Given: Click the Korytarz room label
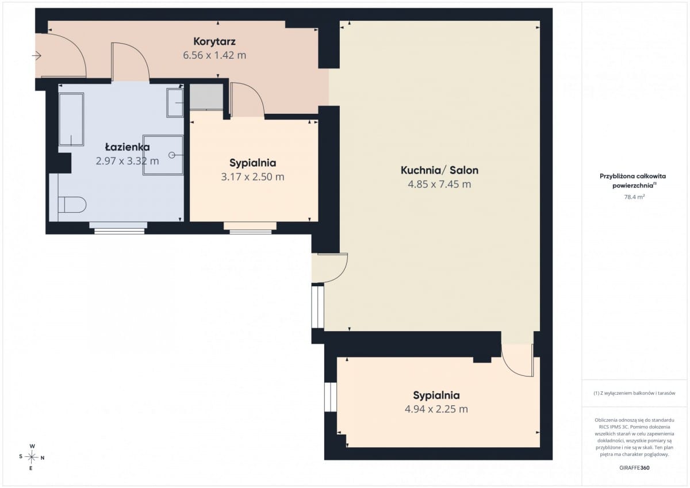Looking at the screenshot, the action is (214, 41).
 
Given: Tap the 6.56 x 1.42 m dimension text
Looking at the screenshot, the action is (214, 55).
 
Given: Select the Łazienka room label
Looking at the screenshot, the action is (128, 147).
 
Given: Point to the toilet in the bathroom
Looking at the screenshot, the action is (72, 205).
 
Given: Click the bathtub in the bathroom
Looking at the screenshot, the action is (71, 119).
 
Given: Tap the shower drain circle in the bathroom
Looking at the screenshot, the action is (172, 155).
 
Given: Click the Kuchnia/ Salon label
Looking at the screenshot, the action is (439, 170).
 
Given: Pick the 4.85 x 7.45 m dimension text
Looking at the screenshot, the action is (439, 185).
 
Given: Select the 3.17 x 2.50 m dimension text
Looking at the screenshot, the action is (252, 177).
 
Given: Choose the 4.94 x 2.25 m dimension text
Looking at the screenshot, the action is (436, 409).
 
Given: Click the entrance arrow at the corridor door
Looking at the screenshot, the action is (37, 56).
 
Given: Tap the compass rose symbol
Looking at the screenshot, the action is (32, 457).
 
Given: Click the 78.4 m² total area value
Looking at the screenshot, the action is (634, 197).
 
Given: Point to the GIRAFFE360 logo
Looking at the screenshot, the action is (634, 468).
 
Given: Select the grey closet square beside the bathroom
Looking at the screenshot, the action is (206, 97).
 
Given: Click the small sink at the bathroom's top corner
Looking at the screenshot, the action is (175, 103).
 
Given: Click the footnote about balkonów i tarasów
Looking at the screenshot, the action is (634, 393).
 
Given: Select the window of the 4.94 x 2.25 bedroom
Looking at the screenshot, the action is (331, 397).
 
